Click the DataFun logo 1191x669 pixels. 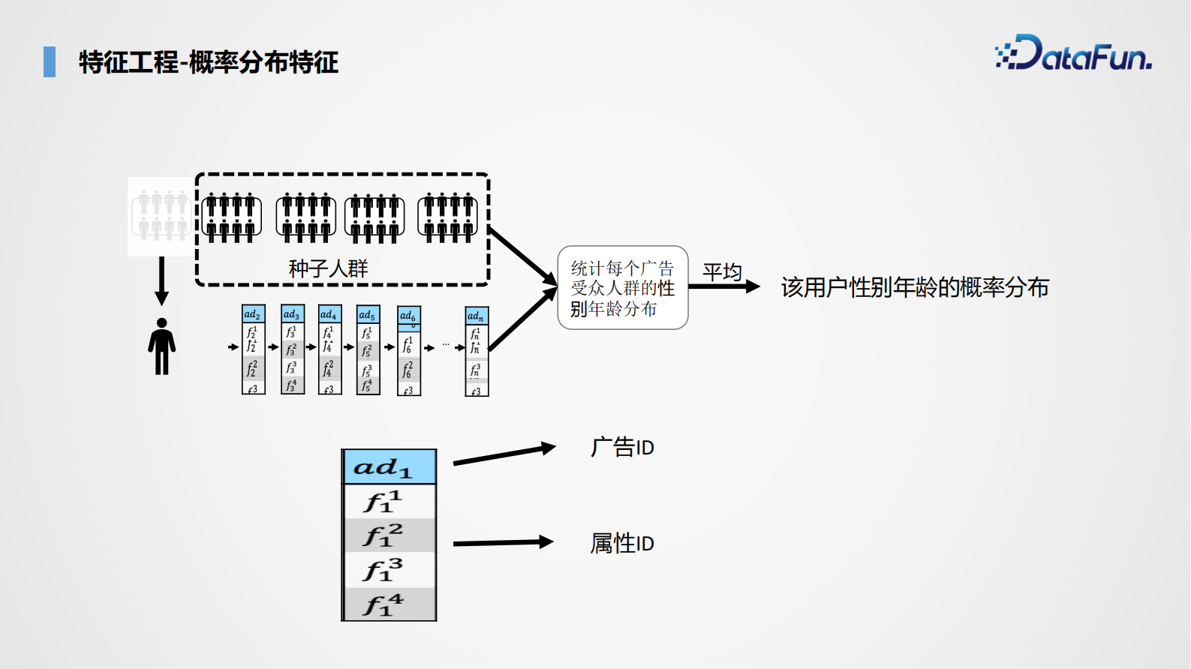pos(1073,54)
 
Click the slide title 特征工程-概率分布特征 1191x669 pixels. pos(209,62)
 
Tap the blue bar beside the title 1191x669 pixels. pos(50,61)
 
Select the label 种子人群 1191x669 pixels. pos(328,268)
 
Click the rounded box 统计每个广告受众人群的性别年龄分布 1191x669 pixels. pos(622,288)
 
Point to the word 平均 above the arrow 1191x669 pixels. pos(721,271)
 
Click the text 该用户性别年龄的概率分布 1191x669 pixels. pos(914,287)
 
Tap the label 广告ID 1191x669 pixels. pos(621,448)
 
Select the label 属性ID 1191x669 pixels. pos(621,543)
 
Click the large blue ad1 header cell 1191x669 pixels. pos(389,467)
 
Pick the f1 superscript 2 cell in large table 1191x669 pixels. pos(389,535)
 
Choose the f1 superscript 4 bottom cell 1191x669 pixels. pos(389,604)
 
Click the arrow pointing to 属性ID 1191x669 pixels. pos(502,542)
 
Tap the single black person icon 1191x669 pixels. pos(161,346)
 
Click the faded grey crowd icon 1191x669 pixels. pos(160,216)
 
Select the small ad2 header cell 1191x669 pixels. pos(253,313)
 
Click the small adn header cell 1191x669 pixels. pos(477,316)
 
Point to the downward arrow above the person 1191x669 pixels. pos(161,281)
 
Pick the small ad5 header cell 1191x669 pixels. pos(368,314)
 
